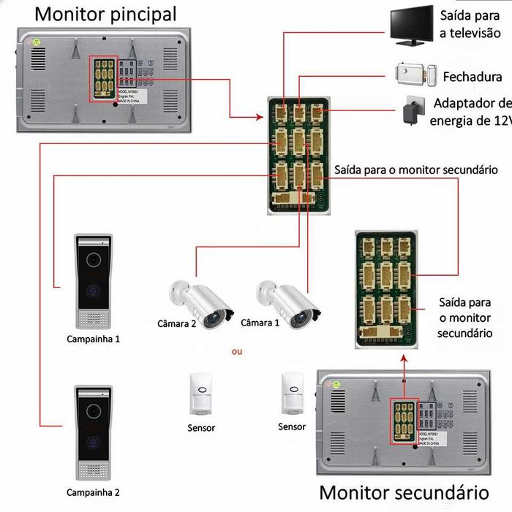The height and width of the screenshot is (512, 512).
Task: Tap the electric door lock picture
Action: click(416, 75)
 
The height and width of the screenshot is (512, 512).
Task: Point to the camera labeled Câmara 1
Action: click(287, 303)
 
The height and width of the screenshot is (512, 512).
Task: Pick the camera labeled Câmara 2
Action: click(200, 303)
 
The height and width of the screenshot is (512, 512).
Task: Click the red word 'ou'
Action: click(236, 352)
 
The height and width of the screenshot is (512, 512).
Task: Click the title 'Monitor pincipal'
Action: click(105, 13)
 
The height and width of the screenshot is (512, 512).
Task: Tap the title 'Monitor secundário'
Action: click(404, 493)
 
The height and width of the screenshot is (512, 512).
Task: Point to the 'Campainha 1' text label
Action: click(93, 339)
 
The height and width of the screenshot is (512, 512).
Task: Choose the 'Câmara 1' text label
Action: click(260, 323)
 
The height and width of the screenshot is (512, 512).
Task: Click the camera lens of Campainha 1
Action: click(94, 259)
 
